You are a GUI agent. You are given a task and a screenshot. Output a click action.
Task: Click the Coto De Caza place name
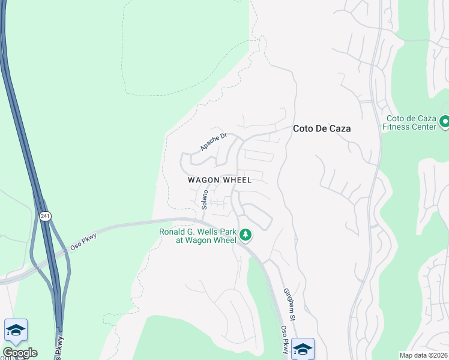[x=321, y=128]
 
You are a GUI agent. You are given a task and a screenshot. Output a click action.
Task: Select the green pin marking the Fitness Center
[x=444, y=122]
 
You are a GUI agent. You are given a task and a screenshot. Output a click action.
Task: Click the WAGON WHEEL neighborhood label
[x=219, y=180]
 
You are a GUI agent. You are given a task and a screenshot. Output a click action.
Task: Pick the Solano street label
[x=205, y=199]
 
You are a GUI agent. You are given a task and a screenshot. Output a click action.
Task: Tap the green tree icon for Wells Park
[x=245, y=235]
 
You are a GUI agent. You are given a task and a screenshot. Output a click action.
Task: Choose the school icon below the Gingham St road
[x=303, y=348]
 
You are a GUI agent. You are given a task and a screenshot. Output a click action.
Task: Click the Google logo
[x=20, y=353]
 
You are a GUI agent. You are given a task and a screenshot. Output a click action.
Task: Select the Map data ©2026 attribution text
[x=423, y=355]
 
